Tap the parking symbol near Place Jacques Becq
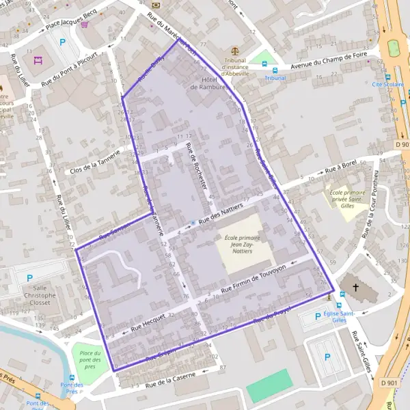point(63,42)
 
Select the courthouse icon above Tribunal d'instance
point(235,50)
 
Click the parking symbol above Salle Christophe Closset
point(29,277)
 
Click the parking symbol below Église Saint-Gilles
point(327,356)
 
